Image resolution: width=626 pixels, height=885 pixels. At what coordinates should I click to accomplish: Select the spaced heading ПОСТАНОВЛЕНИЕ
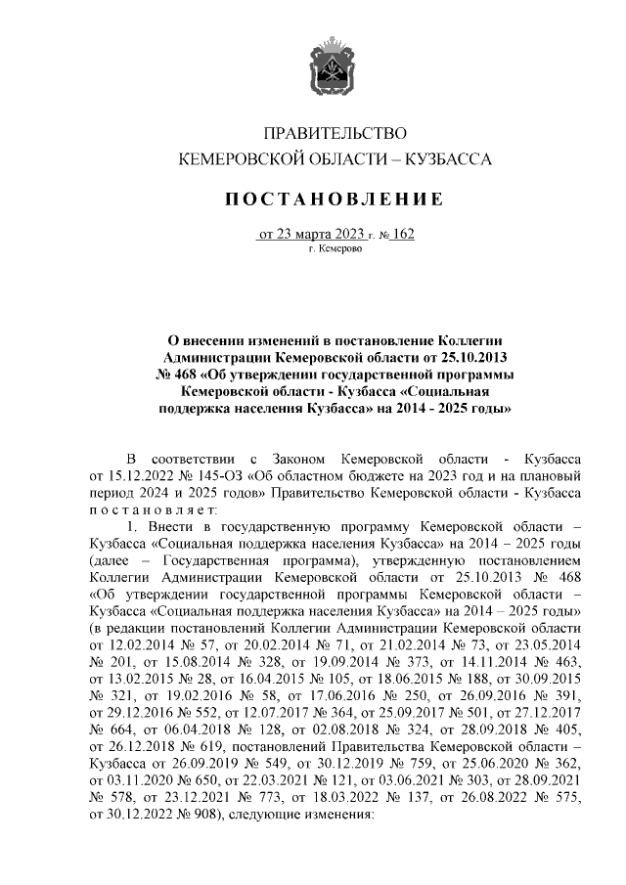335,199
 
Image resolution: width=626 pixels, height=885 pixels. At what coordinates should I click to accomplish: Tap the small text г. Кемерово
335,251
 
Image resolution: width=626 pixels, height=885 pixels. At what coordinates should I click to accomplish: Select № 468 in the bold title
177,374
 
